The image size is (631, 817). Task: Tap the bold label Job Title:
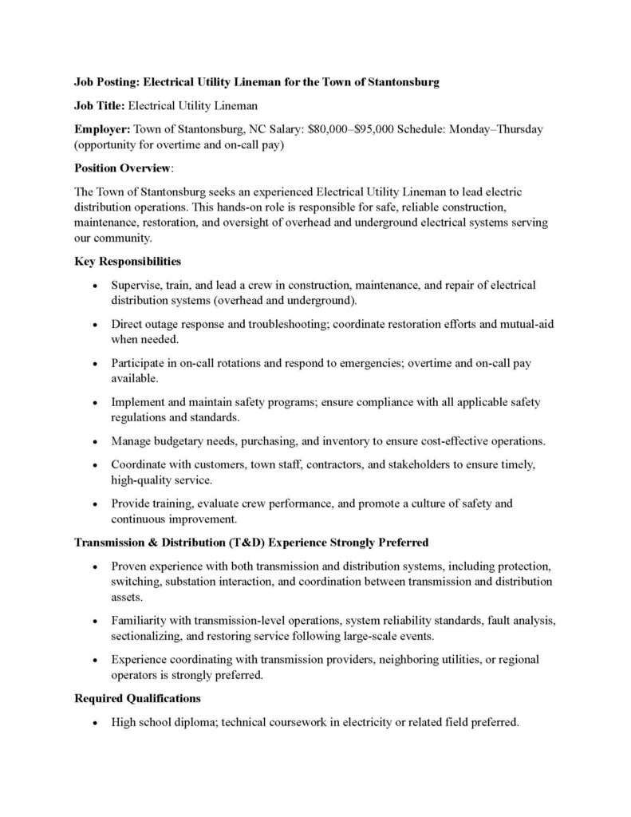100,105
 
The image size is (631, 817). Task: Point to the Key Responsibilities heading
127,261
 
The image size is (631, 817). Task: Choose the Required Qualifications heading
137,699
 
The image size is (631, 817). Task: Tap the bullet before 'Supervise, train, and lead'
95,286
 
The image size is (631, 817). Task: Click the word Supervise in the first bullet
137,285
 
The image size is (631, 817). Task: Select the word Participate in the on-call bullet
140,363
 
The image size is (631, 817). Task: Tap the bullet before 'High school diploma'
95,724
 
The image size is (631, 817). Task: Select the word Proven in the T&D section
130,566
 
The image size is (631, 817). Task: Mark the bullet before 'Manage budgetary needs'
95,442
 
